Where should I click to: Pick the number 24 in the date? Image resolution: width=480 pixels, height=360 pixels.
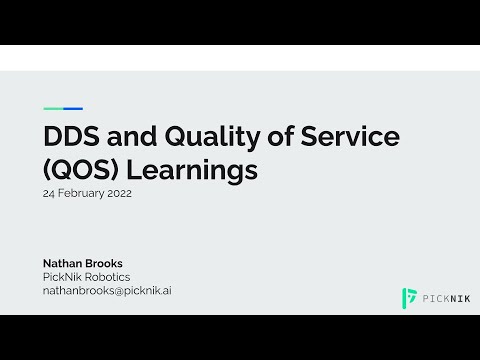pyautogui.click(x=49, y=194)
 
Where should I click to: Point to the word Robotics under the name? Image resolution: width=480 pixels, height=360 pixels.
pyautogui.click(x=108, y=277)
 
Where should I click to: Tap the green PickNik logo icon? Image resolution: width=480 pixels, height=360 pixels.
pyautogui.click(x=409, y=297)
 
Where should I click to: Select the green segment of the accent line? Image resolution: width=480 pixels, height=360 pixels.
pyautogui.click(x=53, y=108)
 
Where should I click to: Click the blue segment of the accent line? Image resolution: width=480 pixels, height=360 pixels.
pyautogui.click(x=73, y=108)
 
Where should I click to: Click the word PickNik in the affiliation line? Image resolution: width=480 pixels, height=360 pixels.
pyautogui.click(x=62, y=277)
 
